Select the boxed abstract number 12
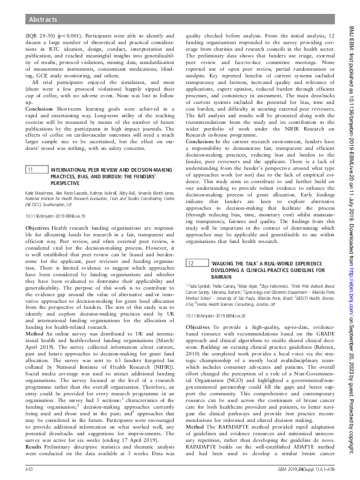189,264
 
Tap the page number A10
28,469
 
